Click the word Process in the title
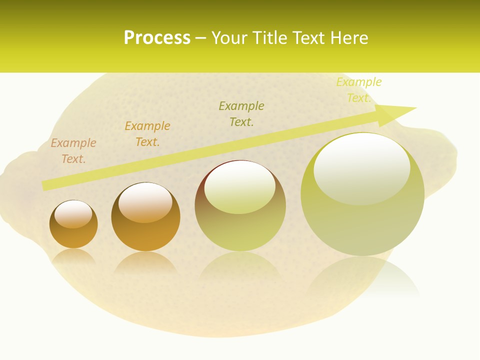point(157,38)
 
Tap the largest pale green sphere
point(362,220)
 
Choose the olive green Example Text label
point(241,114)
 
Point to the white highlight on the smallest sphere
point(73,214)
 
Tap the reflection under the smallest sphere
point(73,256)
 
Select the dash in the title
point(200,38)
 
